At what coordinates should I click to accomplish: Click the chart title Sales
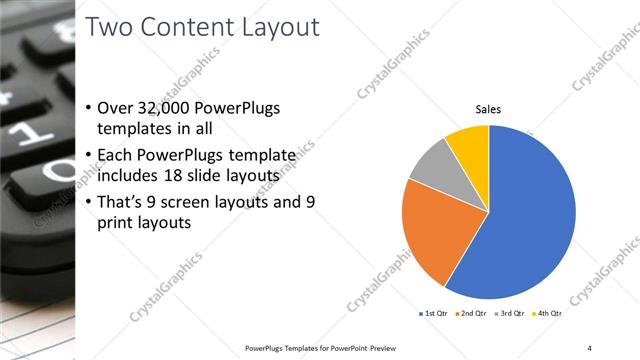pyautogui.click(x=488, y=109)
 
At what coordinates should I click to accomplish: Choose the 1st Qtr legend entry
pyautogui.click(x=435, y=313)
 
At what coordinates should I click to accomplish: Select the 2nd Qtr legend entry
pyautogui.click(x=472, y=313)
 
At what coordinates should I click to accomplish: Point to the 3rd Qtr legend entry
pyautogui.click(x=510, y=313)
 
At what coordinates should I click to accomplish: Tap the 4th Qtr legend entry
pyautogui.click(x=547, y=313)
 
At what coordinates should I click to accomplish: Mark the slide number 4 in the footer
pyautogui.click(x=589, y=347)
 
